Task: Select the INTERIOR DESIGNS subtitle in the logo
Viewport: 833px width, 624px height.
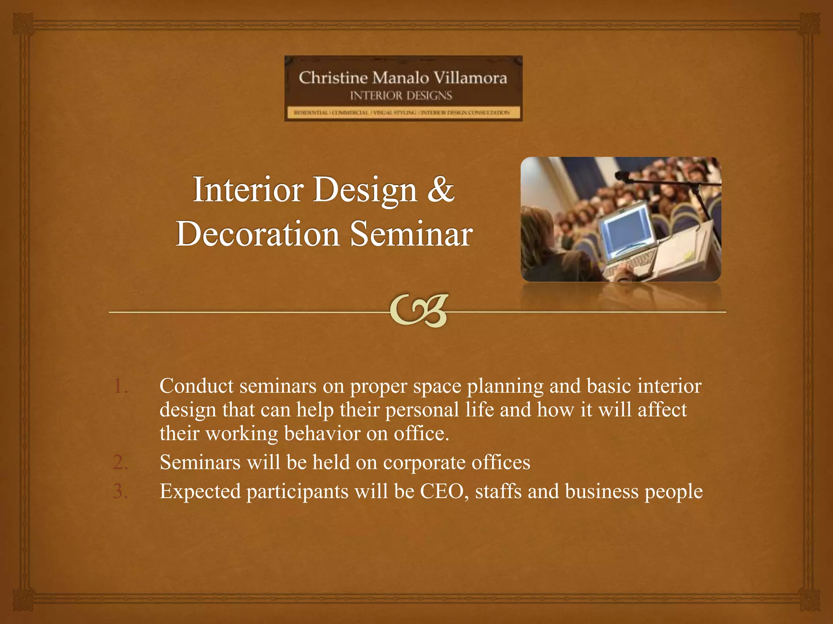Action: [x=401, y=96]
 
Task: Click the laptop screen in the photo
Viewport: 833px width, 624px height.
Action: [x=624, y=230]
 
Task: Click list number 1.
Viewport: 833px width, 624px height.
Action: [x=120, y=386]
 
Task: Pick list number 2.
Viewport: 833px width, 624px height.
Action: [x=120, y=462]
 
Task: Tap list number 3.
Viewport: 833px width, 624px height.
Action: [x=120, y=491]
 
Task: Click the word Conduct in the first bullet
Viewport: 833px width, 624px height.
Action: [x=196, y=386]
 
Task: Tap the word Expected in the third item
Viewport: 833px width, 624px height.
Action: [x=200, y=491]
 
